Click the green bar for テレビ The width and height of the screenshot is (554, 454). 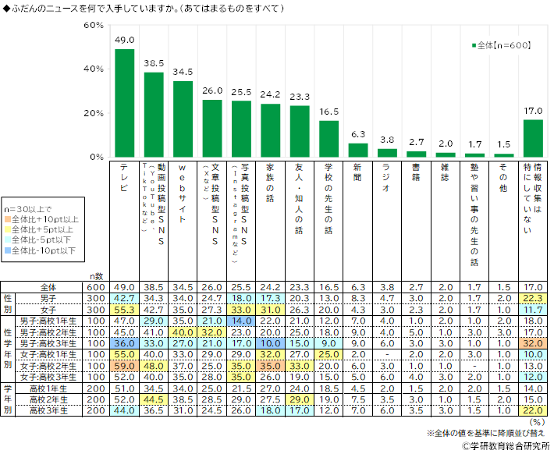[125, 103]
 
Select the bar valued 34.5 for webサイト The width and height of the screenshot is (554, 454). [183, 119]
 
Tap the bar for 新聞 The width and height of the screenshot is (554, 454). [358, 150]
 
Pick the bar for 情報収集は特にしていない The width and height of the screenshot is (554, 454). [533, 138]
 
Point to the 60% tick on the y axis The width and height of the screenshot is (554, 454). [94, 26]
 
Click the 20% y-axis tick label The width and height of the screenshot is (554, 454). [94, 113]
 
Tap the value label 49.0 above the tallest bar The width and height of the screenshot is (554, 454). [125, 41]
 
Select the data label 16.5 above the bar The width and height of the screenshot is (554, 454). [329, 112]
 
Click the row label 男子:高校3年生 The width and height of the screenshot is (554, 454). [58, 342]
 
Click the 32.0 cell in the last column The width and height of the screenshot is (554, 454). [534, 342]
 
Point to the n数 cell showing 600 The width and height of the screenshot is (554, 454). [95, 287]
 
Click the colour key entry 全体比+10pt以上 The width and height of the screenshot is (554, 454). [44, 220]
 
